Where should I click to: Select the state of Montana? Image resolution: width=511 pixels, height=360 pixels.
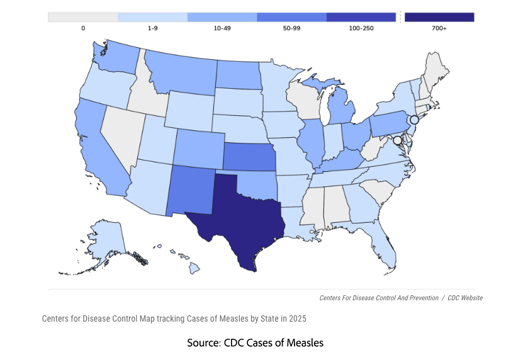pos(179,72)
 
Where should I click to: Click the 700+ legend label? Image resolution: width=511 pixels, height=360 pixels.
pos(439,29)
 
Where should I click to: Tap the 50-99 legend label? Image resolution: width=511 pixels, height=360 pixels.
pos(291,29)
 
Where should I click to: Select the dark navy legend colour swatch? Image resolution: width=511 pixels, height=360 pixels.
pos(439,17)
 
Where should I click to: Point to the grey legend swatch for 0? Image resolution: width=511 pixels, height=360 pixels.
pos(82,17)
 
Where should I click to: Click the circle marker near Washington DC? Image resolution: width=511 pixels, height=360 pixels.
pos(397,142)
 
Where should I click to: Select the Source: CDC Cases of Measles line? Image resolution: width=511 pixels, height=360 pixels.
pos(255,343)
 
